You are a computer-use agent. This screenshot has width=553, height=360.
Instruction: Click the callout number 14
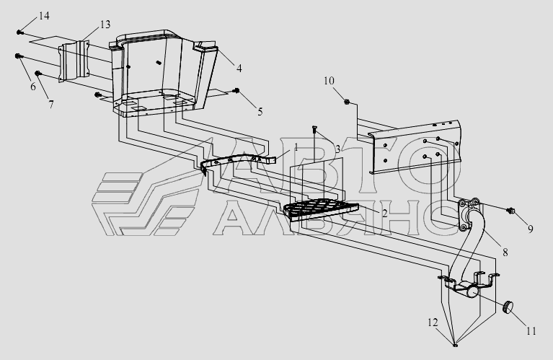[44, 16]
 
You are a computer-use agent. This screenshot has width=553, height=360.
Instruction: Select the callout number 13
[105, 25]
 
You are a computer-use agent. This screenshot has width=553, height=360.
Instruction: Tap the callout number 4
[239, 69]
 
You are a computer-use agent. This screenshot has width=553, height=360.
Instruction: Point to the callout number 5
[260, 112]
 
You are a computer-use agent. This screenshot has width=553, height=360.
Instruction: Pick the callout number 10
[329, 81]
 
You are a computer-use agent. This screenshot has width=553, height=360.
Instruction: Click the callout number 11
[531, 331]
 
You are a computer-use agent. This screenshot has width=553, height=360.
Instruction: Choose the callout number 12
[433, 322]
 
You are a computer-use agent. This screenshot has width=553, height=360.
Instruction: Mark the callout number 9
[531, 229]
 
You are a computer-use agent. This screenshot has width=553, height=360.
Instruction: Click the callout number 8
[505, 253]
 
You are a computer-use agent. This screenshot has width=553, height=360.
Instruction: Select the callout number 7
[51, 105]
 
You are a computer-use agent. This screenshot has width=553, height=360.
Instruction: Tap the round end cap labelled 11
[507, 307]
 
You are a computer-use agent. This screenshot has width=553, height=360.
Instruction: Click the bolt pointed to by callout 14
[19, 32]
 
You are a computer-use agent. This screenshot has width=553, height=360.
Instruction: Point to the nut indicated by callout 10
[347, 102]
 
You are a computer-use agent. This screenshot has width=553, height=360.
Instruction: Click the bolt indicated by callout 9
[510, 211]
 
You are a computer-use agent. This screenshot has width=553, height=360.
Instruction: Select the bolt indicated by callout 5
[236, 91]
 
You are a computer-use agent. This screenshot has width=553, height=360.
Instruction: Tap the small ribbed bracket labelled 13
[74, 61]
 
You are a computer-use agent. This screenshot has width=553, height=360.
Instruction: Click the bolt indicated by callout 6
[18, 56]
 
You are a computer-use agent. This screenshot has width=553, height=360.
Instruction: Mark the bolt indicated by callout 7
[38, 74]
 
